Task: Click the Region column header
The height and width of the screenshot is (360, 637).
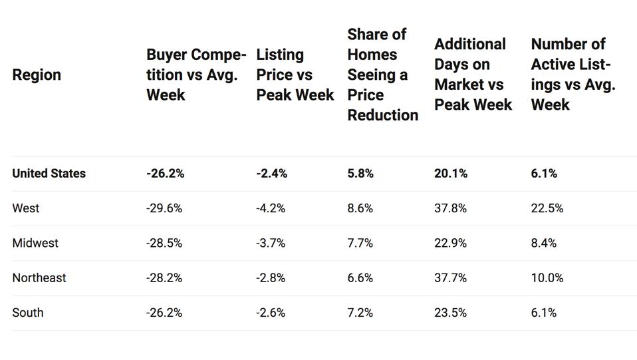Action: pyautogui.click(x=37, y=75)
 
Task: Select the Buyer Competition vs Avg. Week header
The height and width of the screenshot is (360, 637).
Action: pyautogui.click(x=195, y=75)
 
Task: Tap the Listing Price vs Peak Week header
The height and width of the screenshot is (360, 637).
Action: pyautogui.click(x=295, y=75)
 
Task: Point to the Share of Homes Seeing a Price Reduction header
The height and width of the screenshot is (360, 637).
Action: pyautogui.click(x=382, y=75)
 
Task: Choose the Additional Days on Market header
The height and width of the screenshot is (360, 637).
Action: pyautogui.click(x=473, y=75)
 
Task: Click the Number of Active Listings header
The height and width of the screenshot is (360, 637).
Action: pyautogui.click(x=573, y=75)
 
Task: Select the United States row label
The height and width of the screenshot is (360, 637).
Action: pyautogui.click(x=49, y=174)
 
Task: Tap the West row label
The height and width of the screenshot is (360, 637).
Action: pyautogui.click(x=26, y=208)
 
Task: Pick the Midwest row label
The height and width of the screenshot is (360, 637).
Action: pyautogui.click(x=35, y=243)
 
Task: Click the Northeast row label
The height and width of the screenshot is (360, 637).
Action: pyautogui.click(x=39, y=277)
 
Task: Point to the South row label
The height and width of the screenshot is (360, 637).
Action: pyautogui.click(x=28, y=312)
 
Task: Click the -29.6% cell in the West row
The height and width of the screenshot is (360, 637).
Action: pyautogui.click(x=164, y=208)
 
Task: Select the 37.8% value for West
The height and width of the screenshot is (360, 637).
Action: pyautogui.click(x=450, y=208)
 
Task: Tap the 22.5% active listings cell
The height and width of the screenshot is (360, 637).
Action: pyautogui.click(x=547, y=208)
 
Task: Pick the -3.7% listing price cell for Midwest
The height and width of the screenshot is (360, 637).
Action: pyautogui.click(x=271, y=243)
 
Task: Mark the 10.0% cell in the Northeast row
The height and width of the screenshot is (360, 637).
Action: pyautogui.click(x=547, y=277)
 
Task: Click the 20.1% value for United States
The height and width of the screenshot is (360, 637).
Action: pyautogui.click(x=450, y=174)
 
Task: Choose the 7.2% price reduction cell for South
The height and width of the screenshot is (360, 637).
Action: pyautogui.click(x=360, y=312)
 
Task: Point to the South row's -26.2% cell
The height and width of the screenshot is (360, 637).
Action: pyautogui.click(x=164, y=312)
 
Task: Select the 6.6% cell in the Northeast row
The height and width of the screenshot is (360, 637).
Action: pyautogui.click(x=360, y=277)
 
